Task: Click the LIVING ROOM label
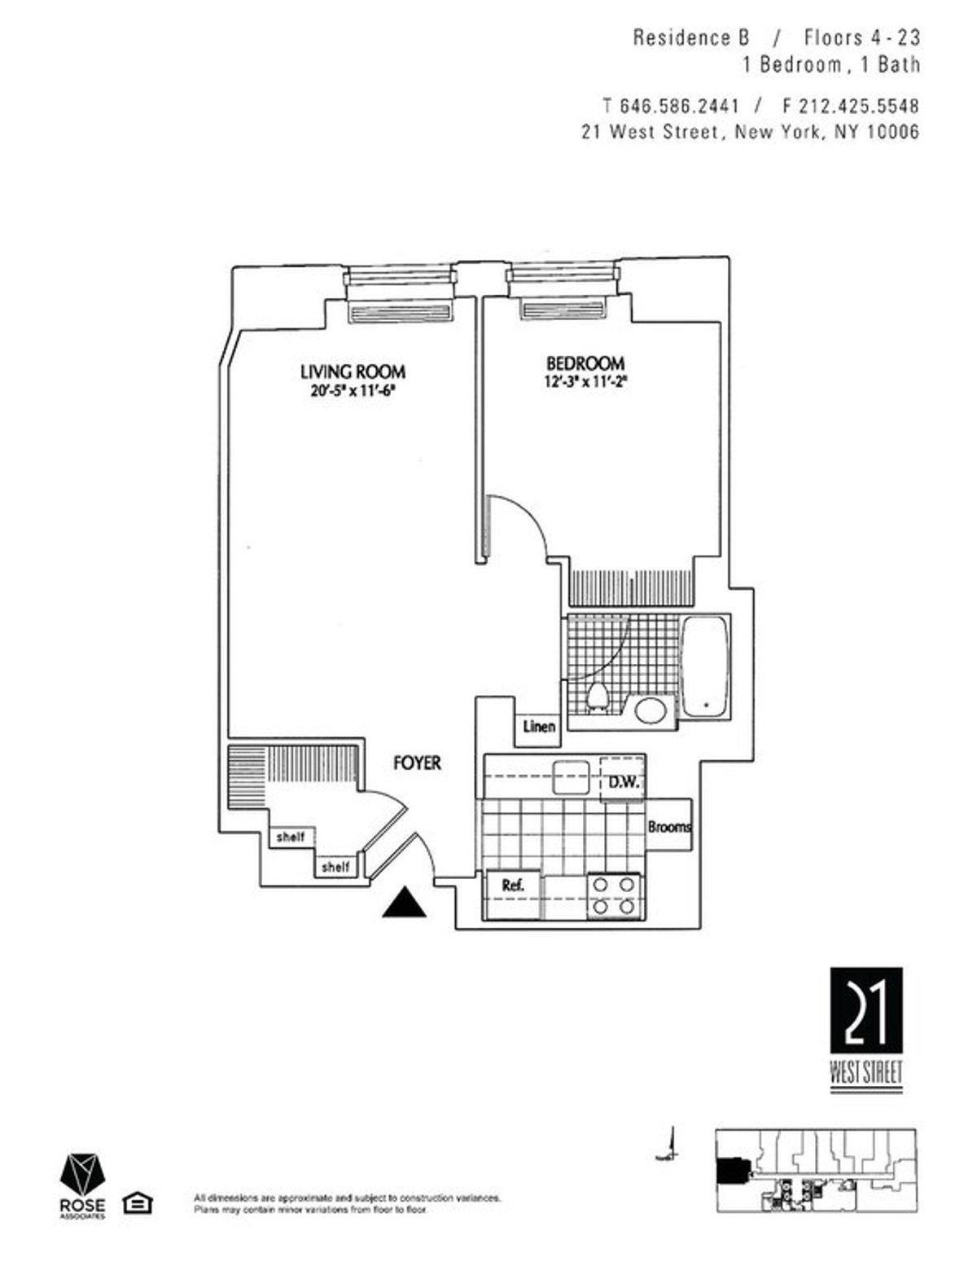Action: (353, 371)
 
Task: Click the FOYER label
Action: (417, 763)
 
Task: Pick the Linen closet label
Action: (539, 726)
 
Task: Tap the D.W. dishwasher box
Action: (623, 782)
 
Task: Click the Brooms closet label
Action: (669, 827)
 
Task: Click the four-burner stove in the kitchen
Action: (615, 895)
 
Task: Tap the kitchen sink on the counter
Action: (571, 777)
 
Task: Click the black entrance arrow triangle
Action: (405, 903)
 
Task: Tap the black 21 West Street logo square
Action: (866, 1010)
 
